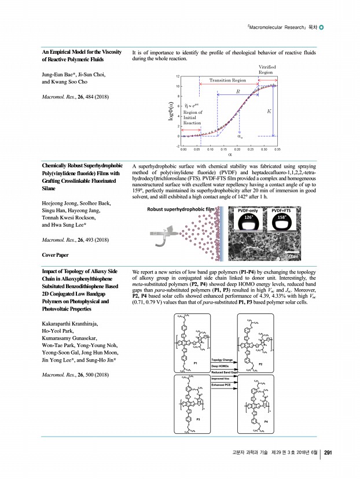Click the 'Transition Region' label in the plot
point(227,80)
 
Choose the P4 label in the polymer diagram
point(266,423)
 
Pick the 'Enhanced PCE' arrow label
point(222,384)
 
